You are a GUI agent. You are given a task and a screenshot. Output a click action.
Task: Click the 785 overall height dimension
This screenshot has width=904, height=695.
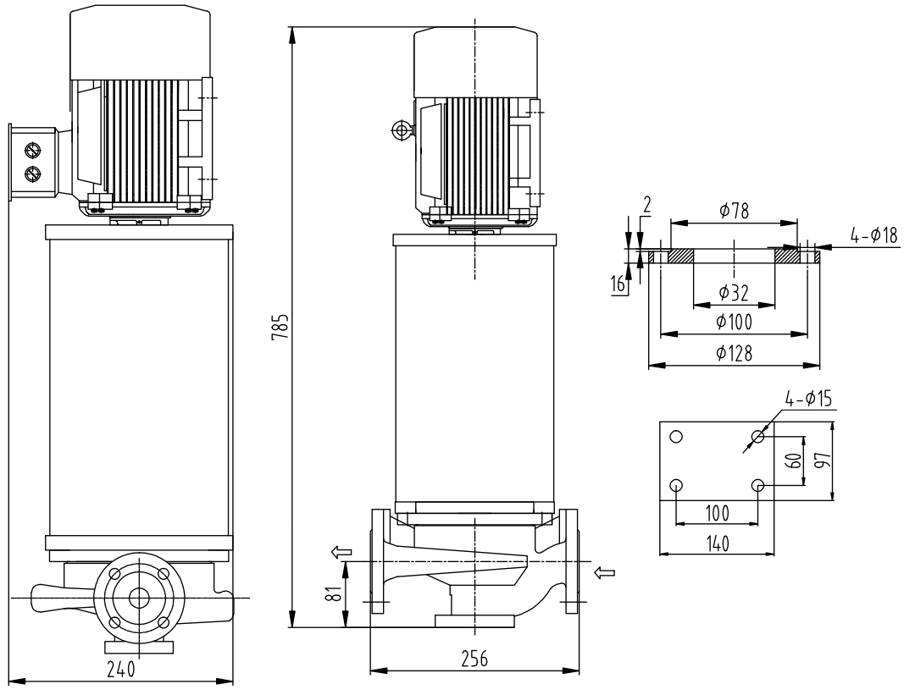pos(284,326)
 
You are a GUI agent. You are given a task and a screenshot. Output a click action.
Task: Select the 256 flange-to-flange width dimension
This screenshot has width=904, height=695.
pos(474,660)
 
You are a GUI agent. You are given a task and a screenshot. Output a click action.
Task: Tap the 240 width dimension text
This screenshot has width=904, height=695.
pos(120,670)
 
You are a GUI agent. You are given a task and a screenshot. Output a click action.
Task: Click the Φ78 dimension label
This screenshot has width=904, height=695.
pos(733,212)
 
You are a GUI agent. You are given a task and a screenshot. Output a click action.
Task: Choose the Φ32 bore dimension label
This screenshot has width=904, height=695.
pos(734,292)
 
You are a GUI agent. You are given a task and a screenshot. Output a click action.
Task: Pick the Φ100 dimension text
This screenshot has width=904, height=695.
pos(734,322)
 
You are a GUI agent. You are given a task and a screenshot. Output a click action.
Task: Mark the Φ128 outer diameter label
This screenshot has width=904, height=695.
pos(734,355)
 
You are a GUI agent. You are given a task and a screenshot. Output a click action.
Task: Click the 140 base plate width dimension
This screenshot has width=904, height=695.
pos(717,543)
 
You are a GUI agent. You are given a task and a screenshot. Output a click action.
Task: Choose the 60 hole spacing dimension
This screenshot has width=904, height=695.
pos(792,461)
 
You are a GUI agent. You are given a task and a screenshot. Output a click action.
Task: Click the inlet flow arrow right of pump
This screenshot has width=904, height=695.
pos(605,573)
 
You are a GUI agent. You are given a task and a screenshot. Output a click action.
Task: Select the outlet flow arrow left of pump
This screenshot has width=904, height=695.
pos(341,553)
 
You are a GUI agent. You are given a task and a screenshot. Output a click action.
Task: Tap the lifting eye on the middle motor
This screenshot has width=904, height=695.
pos(400,130)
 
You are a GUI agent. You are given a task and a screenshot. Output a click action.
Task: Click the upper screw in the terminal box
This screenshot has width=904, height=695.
pos(34,151)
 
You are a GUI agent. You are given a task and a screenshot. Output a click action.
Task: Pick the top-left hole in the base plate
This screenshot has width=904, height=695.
pos(676,437)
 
